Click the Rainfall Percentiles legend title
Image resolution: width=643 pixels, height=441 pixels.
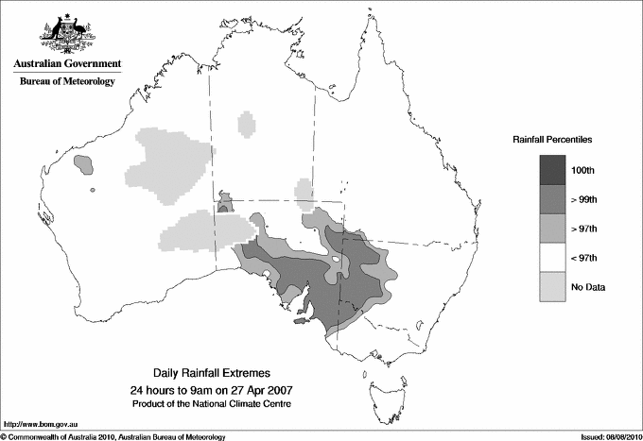pos(552,139)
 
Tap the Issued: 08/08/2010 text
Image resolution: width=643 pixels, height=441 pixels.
pos(604,436)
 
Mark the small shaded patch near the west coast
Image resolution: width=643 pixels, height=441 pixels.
pos(84,164)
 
